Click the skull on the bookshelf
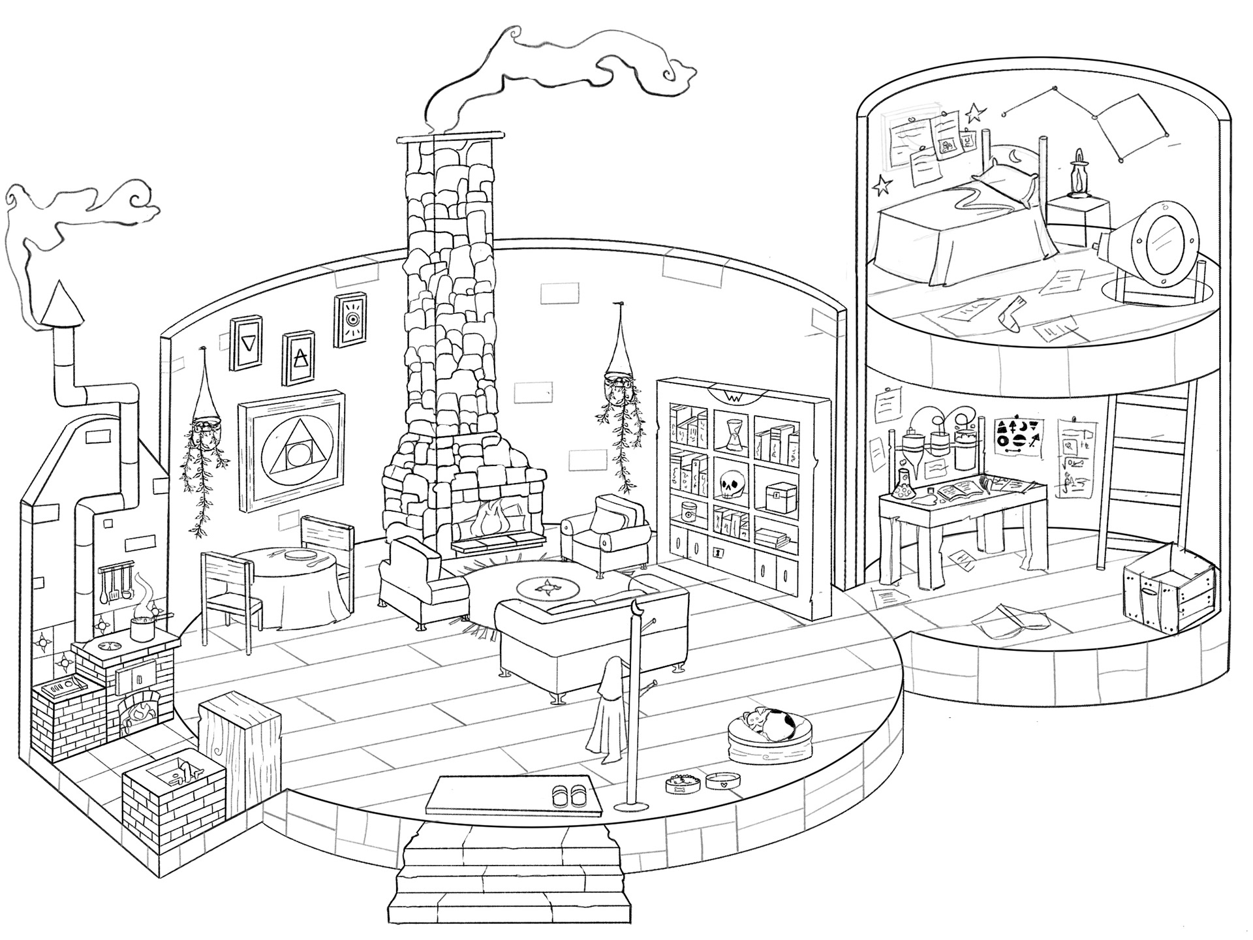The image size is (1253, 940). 730,485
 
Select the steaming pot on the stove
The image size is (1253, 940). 143,628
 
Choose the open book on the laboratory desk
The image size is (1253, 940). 965,490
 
